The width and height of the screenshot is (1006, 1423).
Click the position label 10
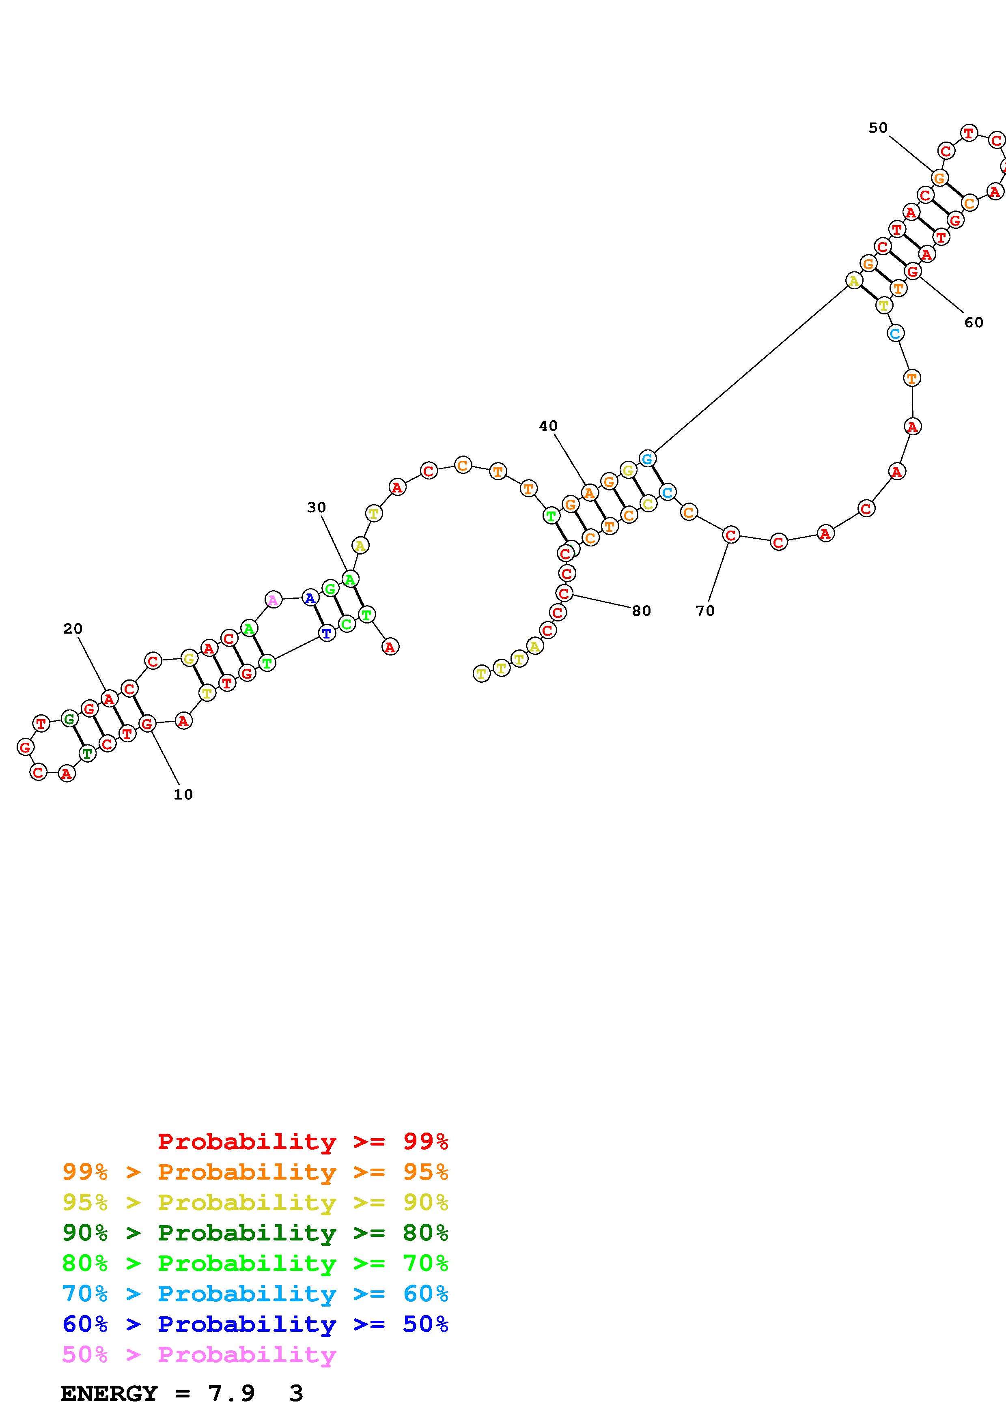[183, 795]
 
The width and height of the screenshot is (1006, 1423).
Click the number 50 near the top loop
[878, 128]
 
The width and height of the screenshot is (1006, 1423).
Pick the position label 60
[974, 322]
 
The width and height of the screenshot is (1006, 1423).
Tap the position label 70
[705, 610]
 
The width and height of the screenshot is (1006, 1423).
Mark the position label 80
[642, 610]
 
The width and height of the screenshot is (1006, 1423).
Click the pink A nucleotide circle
[273, 599]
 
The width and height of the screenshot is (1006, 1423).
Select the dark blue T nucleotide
[327, 633]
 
